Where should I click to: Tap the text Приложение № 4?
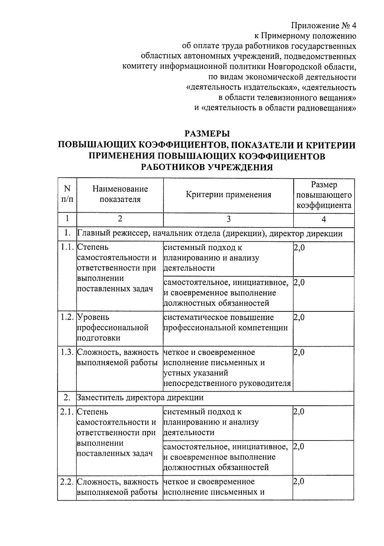coord(324,26)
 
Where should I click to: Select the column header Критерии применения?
coord(228,195)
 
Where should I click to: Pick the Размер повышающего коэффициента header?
coord(324,195)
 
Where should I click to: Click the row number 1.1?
coord(67,247)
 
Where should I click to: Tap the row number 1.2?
coord(67,317)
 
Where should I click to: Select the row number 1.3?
coord(67,352)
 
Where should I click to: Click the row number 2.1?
coord(67,412)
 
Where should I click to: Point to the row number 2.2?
coord(67,481)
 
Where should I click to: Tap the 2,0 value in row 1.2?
coord(299,317)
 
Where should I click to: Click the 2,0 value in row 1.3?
coord(299,352)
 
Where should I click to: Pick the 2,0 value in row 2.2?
coord(299,481)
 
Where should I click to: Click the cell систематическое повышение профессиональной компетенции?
coord(225,323)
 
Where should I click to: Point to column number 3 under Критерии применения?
coord(228,219)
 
